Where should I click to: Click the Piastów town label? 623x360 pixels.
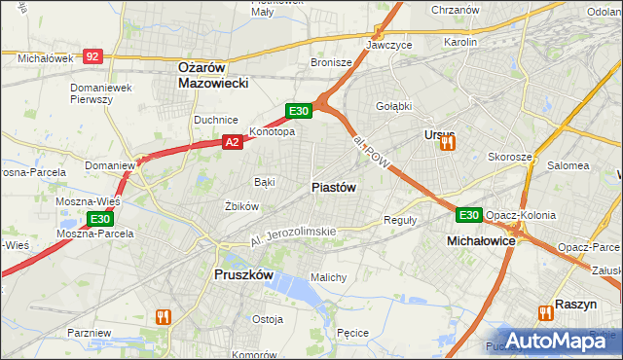334,187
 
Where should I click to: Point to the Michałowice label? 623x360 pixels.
480,239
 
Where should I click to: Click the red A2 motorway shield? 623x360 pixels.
232,142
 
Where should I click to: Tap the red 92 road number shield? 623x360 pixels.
92,57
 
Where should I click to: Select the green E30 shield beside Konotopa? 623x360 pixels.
298,111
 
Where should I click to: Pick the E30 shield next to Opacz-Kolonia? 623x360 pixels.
469,215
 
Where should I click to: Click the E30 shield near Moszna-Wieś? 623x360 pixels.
100,219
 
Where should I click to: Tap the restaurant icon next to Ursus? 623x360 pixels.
448,143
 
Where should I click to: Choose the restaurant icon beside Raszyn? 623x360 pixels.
544,311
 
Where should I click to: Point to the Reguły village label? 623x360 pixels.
400,220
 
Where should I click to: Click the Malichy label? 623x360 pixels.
328,277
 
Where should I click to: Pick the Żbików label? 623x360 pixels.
241,206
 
